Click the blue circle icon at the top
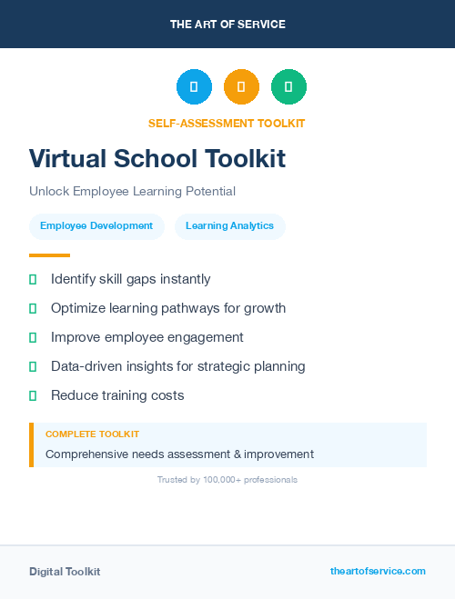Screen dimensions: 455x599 194,87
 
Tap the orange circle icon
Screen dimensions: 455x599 241,87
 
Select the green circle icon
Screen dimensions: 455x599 288,87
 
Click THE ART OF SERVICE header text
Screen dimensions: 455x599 227,25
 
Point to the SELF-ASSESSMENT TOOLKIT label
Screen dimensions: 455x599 227,123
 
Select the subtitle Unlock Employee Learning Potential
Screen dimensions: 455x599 132,192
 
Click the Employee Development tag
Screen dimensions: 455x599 96,226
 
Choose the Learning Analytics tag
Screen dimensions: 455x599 229,226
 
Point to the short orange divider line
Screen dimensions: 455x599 49,255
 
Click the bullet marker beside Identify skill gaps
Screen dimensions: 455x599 33,279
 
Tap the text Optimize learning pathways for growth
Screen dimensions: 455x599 168,308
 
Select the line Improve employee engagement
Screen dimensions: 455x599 147,337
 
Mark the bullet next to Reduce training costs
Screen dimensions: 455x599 33,395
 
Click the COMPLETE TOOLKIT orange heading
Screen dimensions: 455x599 92,434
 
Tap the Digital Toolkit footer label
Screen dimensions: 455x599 65,572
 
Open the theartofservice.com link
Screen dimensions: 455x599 378,571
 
